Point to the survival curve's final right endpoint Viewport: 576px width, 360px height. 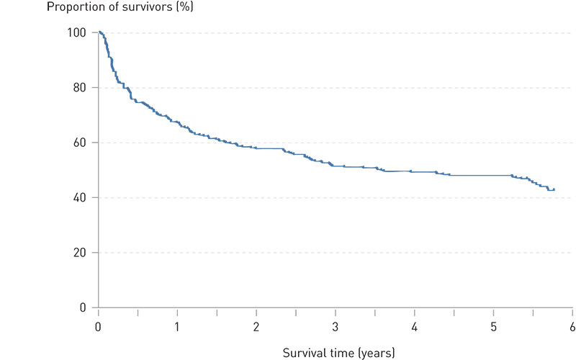(x=553, y=189)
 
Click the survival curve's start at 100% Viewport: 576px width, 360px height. (x=99, y=32)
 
